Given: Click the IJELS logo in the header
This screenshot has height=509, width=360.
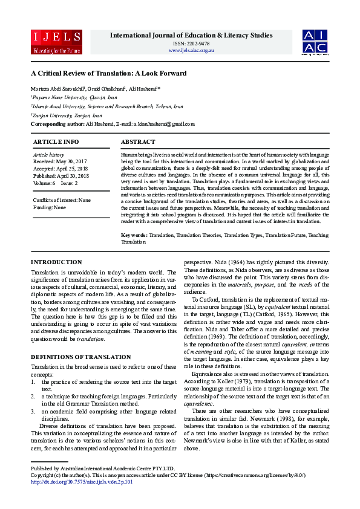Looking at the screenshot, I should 56,41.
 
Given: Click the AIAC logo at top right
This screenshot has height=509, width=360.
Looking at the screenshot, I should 315,41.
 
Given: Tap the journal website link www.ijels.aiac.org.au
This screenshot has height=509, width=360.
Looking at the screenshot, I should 191,50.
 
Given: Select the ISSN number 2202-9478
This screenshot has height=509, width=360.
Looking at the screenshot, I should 191,44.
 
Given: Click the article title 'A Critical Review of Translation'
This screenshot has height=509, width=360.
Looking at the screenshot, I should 109,73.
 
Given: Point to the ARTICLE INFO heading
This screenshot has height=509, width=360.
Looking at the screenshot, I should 56,141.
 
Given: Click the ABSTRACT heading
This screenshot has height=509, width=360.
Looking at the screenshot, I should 139,141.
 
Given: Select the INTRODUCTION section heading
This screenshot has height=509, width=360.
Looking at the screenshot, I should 56,262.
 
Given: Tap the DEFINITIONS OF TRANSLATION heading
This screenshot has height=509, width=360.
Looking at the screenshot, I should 80,357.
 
